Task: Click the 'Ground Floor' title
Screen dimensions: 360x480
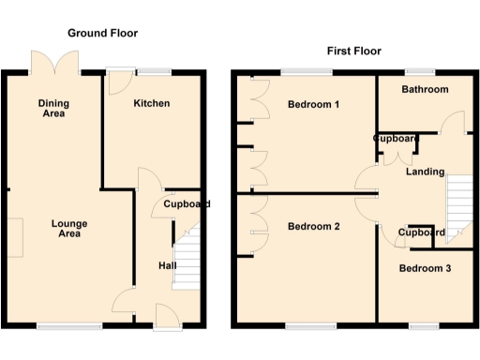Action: (x=103, y=33)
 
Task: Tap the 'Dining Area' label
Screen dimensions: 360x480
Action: (x=53, y=108)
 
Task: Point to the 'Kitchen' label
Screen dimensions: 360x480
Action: (x=151, y=103)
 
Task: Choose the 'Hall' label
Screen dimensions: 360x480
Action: (x=168, y=266)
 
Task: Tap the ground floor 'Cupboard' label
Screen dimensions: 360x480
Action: (x=186, y=204)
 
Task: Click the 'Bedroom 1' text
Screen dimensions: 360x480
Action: (x=313, y=104)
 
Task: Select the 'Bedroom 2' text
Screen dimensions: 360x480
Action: (x=313, y=227)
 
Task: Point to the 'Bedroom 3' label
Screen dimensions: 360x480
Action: (x=425, y=269)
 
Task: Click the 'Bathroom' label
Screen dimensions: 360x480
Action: (x=425, y=90)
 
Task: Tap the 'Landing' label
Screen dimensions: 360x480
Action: (x=425, y=172)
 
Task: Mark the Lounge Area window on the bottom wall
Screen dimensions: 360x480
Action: (x=69, y=326)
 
